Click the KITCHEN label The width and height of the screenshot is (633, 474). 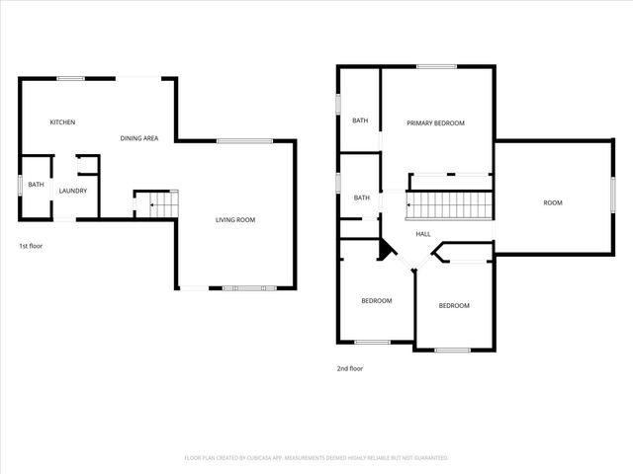pos(63,121)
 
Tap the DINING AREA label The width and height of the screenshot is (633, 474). pos(139,138)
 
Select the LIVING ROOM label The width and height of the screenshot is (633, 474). pos(235,219)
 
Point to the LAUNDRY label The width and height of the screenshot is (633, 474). pos(73,191)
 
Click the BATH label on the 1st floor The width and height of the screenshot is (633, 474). pos(36,185)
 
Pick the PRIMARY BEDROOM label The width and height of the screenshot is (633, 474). pos(435,123)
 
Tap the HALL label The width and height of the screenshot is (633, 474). pos(422,234)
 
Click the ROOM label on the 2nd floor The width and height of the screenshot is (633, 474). pos(552,202)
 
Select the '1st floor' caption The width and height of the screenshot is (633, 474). pos(31,245)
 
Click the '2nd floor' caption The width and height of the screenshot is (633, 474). pos(350,368)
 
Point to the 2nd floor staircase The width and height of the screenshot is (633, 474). pos(450,205)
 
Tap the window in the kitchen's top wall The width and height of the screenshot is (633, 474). pos(70,78)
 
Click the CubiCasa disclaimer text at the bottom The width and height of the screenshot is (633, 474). pos(316,458)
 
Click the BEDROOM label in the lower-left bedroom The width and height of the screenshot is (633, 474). pos(376,300)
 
